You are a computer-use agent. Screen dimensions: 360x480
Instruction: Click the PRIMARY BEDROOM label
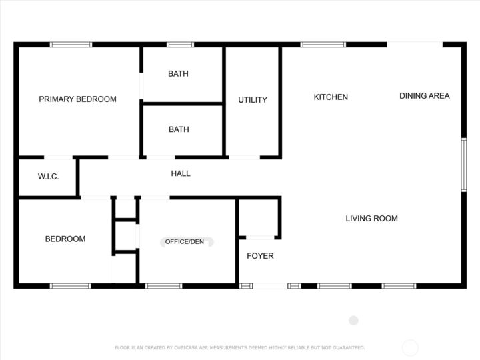pyautogui.click(x=77, y=99)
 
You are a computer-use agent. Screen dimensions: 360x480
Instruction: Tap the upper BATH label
pyautogui.click(x=178, y=74)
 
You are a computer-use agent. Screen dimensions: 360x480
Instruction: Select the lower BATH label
pyautogui.click(x=179, y=129)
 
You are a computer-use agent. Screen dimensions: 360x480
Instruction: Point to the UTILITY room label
pyautogui.click(x=253, y=100)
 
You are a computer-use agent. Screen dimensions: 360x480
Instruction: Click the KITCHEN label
pyautogui.click(x=331, y=97)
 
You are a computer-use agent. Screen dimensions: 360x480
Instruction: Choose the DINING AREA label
pyautogui.click(x=424, y=96)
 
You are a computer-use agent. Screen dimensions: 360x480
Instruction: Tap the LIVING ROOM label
pyautogui.click(x=371, y=218)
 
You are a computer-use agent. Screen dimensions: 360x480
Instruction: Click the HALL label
pyautogui.click(x=181, y=173)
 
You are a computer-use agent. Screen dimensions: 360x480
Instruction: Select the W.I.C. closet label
pyautogui.click(x=48, y=177)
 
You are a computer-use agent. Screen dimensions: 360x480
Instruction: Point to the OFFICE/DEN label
pyautogui.click(x=185, y=241)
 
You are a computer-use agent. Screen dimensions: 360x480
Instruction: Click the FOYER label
pyautogui.click(x=260, y=256)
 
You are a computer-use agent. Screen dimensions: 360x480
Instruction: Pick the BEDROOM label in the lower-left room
pyautogui.click(x=65, y=239)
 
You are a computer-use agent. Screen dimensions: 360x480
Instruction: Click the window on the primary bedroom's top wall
pyautogui.click(x=71, y=45)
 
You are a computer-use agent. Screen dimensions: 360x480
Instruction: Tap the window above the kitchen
pyautogui.click(x=323, y=45)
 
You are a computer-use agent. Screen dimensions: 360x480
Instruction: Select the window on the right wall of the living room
pyautogui.click(x=463, y=165)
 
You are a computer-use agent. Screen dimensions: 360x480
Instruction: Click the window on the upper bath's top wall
pyautogui.click(x=180, y=45)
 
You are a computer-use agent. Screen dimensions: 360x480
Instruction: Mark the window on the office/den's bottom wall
pyautogui.click(x=164, y=286)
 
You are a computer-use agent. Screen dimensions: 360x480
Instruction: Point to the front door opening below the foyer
pyautogui.click(x=271, y=286)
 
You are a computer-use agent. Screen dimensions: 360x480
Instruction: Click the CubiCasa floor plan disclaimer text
pyautogui.click(x=240, y=347)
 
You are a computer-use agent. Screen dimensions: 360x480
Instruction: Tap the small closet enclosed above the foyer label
pyautogui.click(x=259, y=217)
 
